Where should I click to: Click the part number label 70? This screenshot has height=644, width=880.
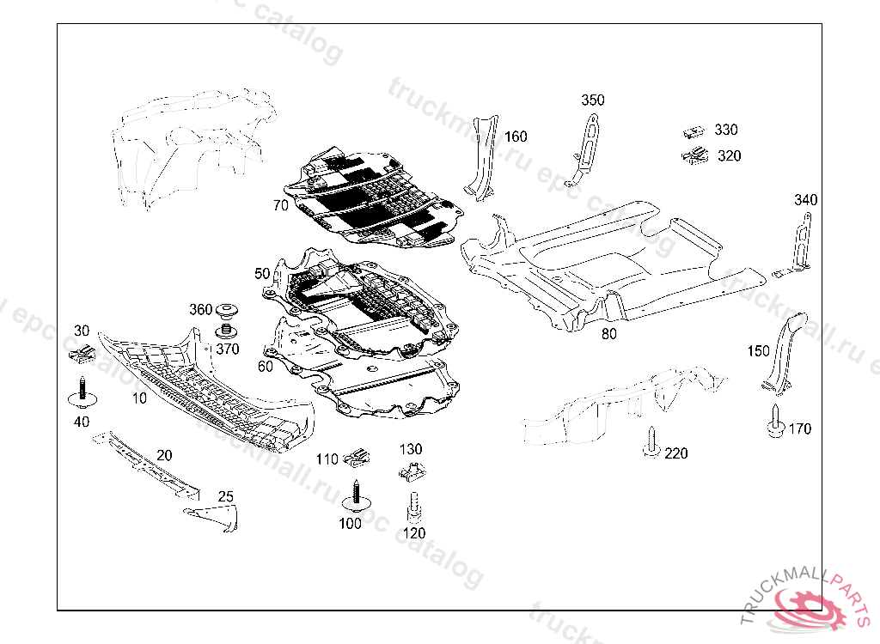tap(280, 205)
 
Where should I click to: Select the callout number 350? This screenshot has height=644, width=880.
tap(592, 100)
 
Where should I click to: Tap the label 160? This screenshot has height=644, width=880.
tap(516, 137)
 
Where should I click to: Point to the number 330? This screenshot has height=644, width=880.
tap(726, 130)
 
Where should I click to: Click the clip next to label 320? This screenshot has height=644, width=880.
tap(694, 155)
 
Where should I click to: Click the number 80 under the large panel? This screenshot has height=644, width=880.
tap(608, 334)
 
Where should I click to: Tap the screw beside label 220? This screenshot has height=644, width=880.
tap(651, 446)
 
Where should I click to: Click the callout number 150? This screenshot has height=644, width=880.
tap(758, 351)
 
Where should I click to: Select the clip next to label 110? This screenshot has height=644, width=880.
tap(357, 456)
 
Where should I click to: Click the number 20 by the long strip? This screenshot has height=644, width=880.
tap(164, 455)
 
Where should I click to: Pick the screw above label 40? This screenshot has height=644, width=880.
tap(82, 393)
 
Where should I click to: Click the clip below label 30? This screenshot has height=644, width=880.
tap(80, 352)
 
